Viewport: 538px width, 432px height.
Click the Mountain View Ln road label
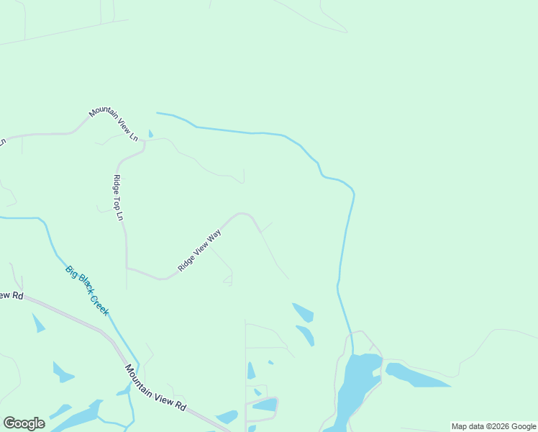(114, 122)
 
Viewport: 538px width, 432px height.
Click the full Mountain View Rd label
(155, 388)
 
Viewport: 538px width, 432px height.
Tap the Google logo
(24, 423)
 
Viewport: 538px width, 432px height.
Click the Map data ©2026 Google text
(493, 426)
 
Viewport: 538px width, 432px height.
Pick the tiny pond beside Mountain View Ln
(150, 134)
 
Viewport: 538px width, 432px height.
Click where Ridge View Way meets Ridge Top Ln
(127, 268)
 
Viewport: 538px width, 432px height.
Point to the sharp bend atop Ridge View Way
(245, 214)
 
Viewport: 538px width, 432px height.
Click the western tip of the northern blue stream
(158, 113)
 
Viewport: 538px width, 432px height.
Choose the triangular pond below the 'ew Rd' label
(38, 324)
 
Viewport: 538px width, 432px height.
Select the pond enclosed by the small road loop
(264, 405)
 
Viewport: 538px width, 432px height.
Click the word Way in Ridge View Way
(214, 237)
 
